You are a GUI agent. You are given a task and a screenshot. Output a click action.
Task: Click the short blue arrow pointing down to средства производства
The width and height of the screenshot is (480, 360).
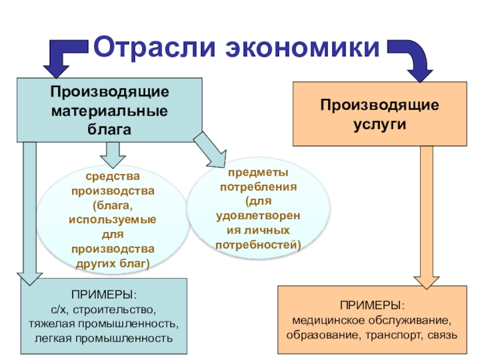click(110, 155)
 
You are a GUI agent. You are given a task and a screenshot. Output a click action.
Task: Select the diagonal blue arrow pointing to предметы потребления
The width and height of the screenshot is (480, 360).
click(208, 150)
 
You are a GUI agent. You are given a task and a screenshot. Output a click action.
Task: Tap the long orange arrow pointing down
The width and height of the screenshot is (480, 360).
click(427, 216)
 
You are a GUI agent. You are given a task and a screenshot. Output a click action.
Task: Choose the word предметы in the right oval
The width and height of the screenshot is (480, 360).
click(258, 172)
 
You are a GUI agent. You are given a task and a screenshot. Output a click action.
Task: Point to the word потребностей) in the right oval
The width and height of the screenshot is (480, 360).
click(258, 245)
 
